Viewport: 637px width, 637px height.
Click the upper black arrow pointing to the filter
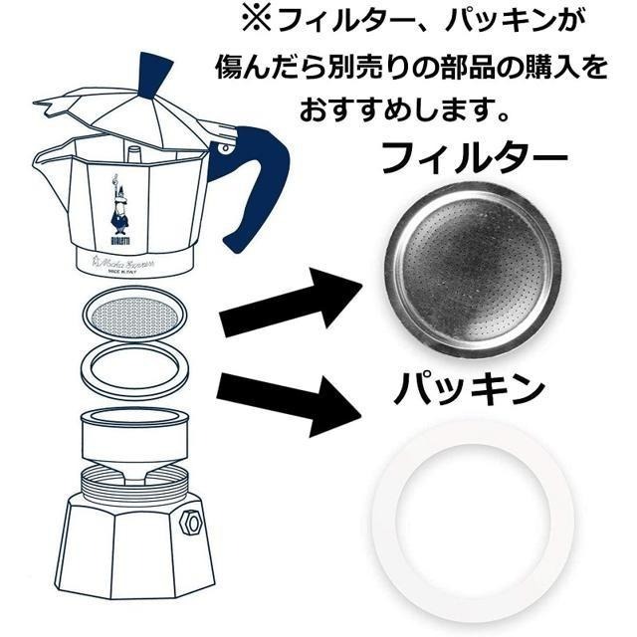tap(289, 307)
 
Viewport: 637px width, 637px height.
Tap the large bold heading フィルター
tap(474, 156)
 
